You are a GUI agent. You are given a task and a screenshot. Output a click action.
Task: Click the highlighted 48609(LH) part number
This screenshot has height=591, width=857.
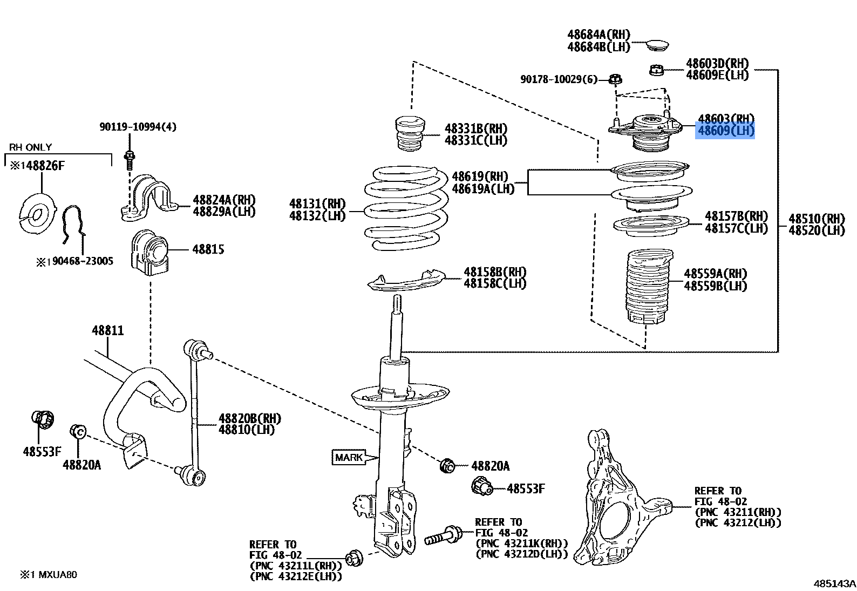[x=725, y=131]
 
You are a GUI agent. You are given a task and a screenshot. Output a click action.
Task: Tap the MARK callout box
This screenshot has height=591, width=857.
[x=349, y=458]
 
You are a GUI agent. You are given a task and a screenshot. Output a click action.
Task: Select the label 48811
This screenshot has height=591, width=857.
[x=107, y=330]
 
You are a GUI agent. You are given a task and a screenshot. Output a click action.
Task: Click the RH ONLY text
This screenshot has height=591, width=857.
[x=31, y=147]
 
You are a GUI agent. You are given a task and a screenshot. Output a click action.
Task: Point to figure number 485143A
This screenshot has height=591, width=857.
[x=834, y=583]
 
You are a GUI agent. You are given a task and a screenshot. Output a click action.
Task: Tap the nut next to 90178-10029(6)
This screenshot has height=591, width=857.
[x=615, y=80]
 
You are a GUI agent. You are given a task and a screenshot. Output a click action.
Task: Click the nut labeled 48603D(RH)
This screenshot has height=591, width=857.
[x=656, y=70]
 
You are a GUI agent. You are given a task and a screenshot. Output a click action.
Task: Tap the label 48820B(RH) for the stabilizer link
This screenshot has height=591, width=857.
[x=249, y=418]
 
